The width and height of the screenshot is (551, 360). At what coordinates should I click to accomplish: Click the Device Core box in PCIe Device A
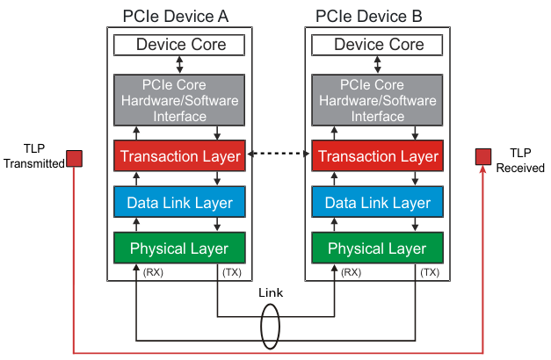click(x=179, y=45)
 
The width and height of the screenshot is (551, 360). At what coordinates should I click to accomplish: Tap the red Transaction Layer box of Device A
click(x=179, y=156)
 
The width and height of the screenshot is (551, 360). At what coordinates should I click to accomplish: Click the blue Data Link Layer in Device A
click(x=179, y=203)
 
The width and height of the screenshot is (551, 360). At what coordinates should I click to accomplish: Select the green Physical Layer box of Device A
click(x=179, y=248)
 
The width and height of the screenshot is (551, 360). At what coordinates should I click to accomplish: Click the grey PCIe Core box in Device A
click(x=179, y=99)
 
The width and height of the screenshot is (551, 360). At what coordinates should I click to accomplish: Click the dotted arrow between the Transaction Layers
click(x=279, y=155)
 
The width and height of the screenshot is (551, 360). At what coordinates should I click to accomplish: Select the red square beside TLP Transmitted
click(x=75, y=158)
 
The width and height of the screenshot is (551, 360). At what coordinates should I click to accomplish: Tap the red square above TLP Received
click(x=482, y=156)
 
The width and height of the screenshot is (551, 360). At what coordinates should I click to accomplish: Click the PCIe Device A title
click(x=179, y=16)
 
